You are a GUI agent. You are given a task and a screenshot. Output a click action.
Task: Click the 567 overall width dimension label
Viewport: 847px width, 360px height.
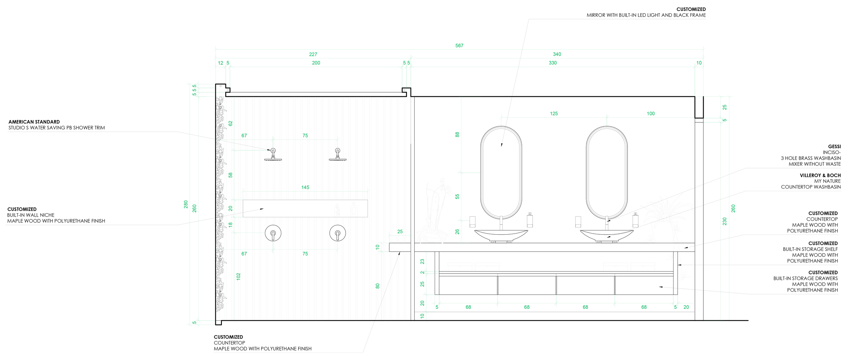[x=459, y=46]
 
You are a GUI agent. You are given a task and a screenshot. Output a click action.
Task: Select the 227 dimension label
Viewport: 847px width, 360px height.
[x=313, y=54]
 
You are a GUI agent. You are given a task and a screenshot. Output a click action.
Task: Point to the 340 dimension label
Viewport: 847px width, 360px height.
[x=557, y=54]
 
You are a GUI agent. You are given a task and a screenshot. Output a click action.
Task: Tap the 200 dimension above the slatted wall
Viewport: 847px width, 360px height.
[x=316, y=63]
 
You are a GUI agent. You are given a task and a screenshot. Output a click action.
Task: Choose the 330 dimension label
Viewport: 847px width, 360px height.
[x=553, y=63]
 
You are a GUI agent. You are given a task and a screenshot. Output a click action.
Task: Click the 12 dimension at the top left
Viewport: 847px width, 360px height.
[x=221, y=63]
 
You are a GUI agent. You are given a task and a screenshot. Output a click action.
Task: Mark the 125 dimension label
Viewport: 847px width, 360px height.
[x=554, y=114]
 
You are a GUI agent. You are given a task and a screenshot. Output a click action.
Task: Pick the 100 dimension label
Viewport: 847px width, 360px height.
[x=650, y=114]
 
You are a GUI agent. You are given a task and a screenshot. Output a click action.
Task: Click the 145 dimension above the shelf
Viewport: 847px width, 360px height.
[x=305, y=187]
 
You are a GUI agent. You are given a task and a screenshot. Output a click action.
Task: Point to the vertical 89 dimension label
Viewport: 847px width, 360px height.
[x=457, y=135]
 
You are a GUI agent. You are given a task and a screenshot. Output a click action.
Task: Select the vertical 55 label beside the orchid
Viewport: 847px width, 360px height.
[x=457, y=197]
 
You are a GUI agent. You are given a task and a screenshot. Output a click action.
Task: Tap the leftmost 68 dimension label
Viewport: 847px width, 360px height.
[x=468, y=307]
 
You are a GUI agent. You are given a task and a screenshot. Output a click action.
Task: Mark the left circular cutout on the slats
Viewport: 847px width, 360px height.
[x=273, y=233]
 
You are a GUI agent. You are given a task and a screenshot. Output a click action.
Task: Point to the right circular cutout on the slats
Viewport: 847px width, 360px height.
[x=337, y=233]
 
